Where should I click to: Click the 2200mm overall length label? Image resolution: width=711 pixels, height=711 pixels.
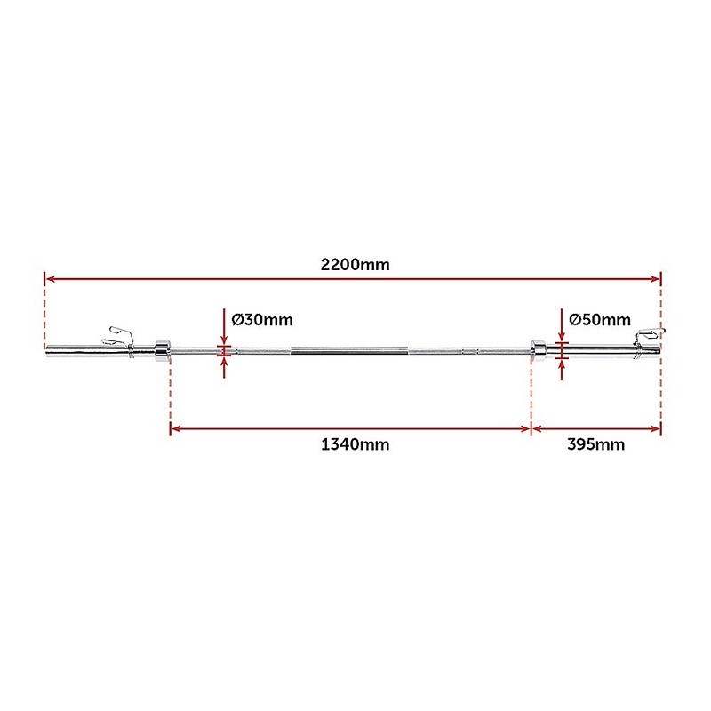click(355, 264)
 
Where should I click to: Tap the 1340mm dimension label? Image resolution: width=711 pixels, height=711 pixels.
click(355, 444)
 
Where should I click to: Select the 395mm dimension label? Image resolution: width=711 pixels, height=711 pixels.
click(595, 444)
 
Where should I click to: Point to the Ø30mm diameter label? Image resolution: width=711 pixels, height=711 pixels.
click(262, 320)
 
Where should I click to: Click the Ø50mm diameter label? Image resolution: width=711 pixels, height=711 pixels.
click(599, 320)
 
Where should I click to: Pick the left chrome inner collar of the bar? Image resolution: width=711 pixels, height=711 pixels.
click(162, 351)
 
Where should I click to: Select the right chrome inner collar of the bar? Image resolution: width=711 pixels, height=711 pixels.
click(539, 350)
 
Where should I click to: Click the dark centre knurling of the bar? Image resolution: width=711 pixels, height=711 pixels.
click(349, 350)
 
